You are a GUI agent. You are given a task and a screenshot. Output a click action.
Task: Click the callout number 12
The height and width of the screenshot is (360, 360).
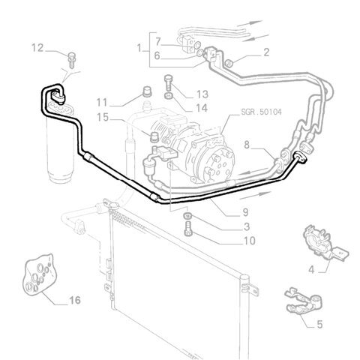coord(37,48)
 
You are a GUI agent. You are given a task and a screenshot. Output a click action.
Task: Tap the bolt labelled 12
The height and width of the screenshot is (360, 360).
coord(72,60)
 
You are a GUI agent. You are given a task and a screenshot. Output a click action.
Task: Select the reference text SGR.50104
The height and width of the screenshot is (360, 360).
coord(261,112)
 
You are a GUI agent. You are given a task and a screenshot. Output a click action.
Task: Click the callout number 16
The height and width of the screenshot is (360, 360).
coord(75,300)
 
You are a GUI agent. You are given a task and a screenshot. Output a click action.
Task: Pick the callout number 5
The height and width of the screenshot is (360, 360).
coord(319,324)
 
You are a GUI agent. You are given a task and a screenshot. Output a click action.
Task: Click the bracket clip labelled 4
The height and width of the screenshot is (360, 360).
coord(325,242)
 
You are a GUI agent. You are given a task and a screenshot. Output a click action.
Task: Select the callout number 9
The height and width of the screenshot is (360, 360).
coord(245,212)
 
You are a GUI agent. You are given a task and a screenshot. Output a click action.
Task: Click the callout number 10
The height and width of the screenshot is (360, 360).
coord(249,241)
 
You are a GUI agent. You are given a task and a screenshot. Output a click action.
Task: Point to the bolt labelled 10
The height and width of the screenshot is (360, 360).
coord(188,229)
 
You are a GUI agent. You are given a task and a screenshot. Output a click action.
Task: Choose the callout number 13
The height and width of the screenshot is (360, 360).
coord(202,94)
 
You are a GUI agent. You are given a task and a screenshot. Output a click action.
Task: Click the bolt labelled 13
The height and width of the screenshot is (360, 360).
coord(169,83)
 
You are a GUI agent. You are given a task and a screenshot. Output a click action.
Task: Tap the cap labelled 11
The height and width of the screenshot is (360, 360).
coord(147,91)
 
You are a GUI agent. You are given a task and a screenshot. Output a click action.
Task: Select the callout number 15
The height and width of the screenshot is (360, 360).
coord(103,117)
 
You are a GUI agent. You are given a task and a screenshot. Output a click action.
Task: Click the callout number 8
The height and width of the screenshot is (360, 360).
coord(247,145)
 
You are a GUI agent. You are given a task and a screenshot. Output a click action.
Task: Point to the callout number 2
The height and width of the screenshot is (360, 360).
coord(266,52)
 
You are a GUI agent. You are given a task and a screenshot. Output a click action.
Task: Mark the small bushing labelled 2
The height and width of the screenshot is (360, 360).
coord(229,63)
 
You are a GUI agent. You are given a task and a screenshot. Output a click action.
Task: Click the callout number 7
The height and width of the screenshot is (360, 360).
coord(157,41)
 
